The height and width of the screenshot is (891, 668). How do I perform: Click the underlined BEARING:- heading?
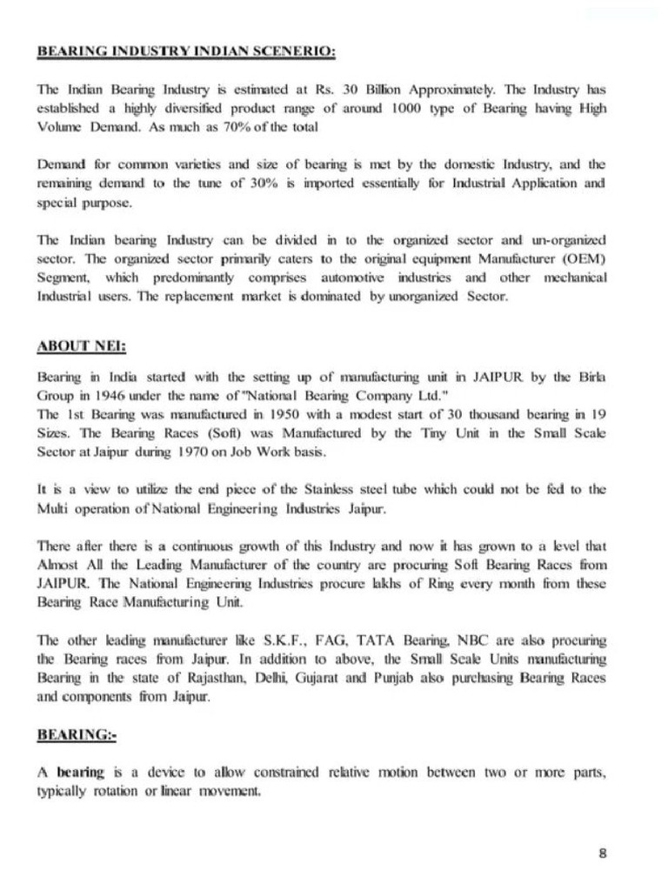(77, 735)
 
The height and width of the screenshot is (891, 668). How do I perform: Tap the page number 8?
(603, 853)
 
